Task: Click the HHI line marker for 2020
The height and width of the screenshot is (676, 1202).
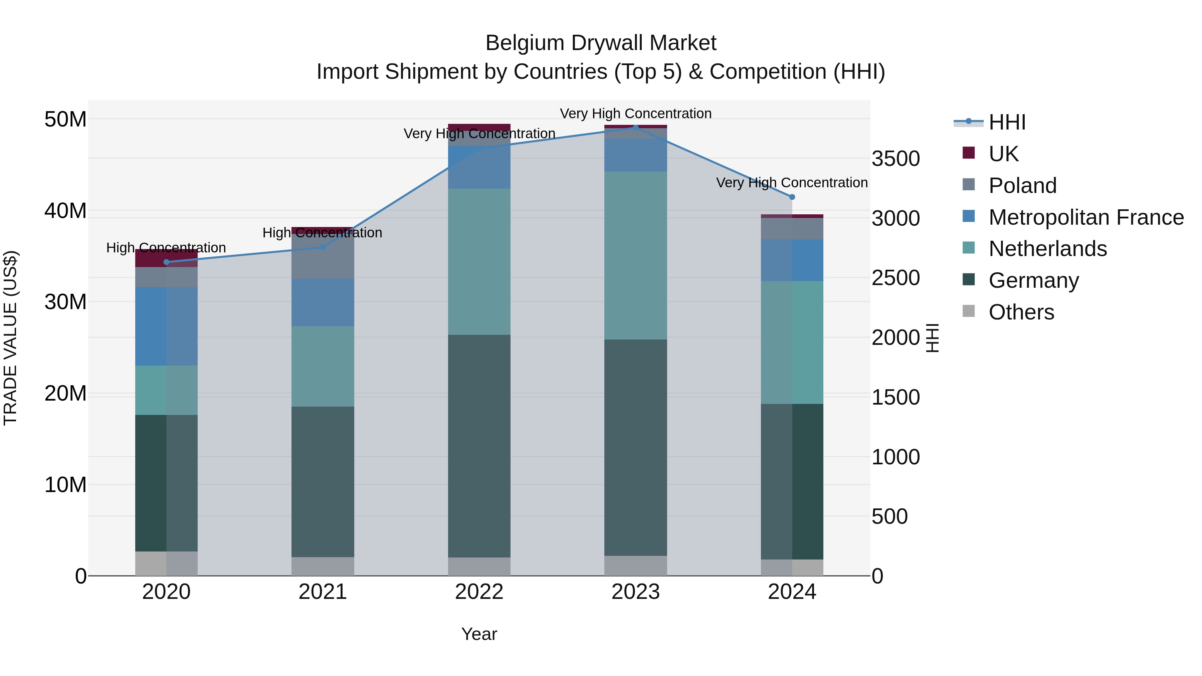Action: point(167,262)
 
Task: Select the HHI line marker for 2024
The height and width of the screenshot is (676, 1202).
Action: point(792,197)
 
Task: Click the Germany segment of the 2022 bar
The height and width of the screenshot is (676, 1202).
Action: point(479,446)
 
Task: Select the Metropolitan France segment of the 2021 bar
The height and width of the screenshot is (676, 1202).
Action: point(323,302)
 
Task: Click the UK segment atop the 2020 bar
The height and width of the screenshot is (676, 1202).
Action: point(167,258)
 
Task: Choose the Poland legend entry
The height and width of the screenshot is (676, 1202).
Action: point(1022,186)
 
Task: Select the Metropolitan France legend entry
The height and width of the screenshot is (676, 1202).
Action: point(1085,217)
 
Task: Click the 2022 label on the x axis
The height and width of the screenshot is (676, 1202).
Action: point(479,592)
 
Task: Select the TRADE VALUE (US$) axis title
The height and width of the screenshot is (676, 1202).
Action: point(11,338)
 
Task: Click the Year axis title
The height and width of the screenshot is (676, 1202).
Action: point(479,634)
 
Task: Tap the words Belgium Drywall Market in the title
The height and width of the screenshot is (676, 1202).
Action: point(601,43)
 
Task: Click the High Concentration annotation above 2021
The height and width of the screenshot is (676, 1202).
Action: point(323,232)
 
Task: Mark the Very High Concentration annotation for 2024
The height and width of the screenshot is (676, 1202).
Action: point(792,182)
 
